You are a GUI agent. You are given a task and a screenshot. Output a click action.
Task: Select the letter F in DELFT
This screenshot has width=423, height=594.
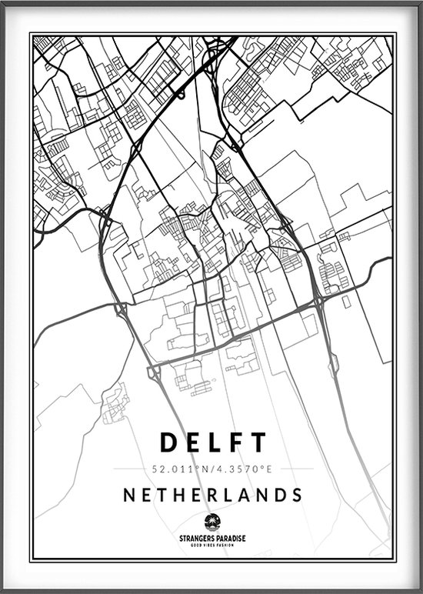pos(236,442)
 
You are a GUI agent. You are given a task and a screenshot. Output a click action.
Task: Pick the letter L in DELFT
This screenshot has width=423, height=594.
pos(215,442)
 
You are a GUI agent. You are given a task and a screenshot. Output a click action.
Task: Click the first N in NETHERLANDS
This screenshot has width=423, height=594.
pos(129,493)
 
